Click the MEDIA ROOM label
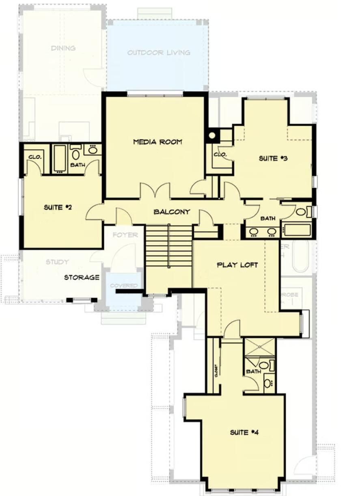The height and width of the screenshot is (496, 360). [x=157, y=142]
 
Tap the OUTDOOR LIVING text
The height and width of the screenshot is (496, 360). [x=159, y=53]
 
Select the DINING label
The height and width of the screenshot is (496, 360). [x=63, y=48]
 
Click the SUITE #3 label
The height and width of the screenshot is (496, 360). [x=273, y=159]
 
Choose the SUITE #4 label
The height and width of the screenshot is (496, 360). [x=244, y=432]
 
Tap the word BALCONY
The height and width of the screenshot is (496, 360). [x=172, y=212]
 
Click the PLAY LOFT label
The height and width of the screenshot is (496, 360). [x=237, y=265]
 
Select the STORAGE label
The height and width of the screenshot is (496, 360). [x=82, y=277]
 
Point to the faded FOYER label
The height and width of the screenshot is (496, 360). [x=125, y=235]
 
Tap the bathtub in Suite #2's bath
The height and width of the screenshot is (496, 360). [x=60, y=159]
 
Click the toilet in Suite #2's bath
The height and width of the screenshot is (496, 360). [x=76, y=155]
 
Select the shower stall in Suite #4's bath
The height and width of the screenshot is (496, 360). [x=259, y=347]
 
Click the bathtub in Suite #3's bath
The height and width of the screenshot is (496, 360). [x=297, y=230]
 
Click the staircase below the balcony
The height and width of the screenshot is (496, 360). [x=168, y=246]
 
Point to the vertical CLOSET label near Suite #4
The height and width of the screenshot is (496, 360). [x=216, y=370]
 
